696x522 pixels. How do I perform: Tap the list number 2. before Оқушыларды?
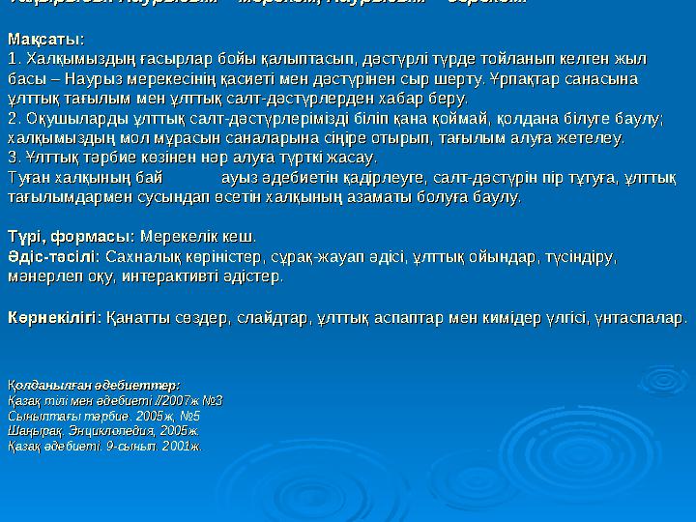[x=13, y=118]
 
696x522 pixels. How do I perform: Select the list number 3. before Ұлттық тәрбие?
[x=13, y=158]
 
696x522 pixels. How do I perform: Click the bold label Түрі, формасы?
[x=71, y=237]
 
